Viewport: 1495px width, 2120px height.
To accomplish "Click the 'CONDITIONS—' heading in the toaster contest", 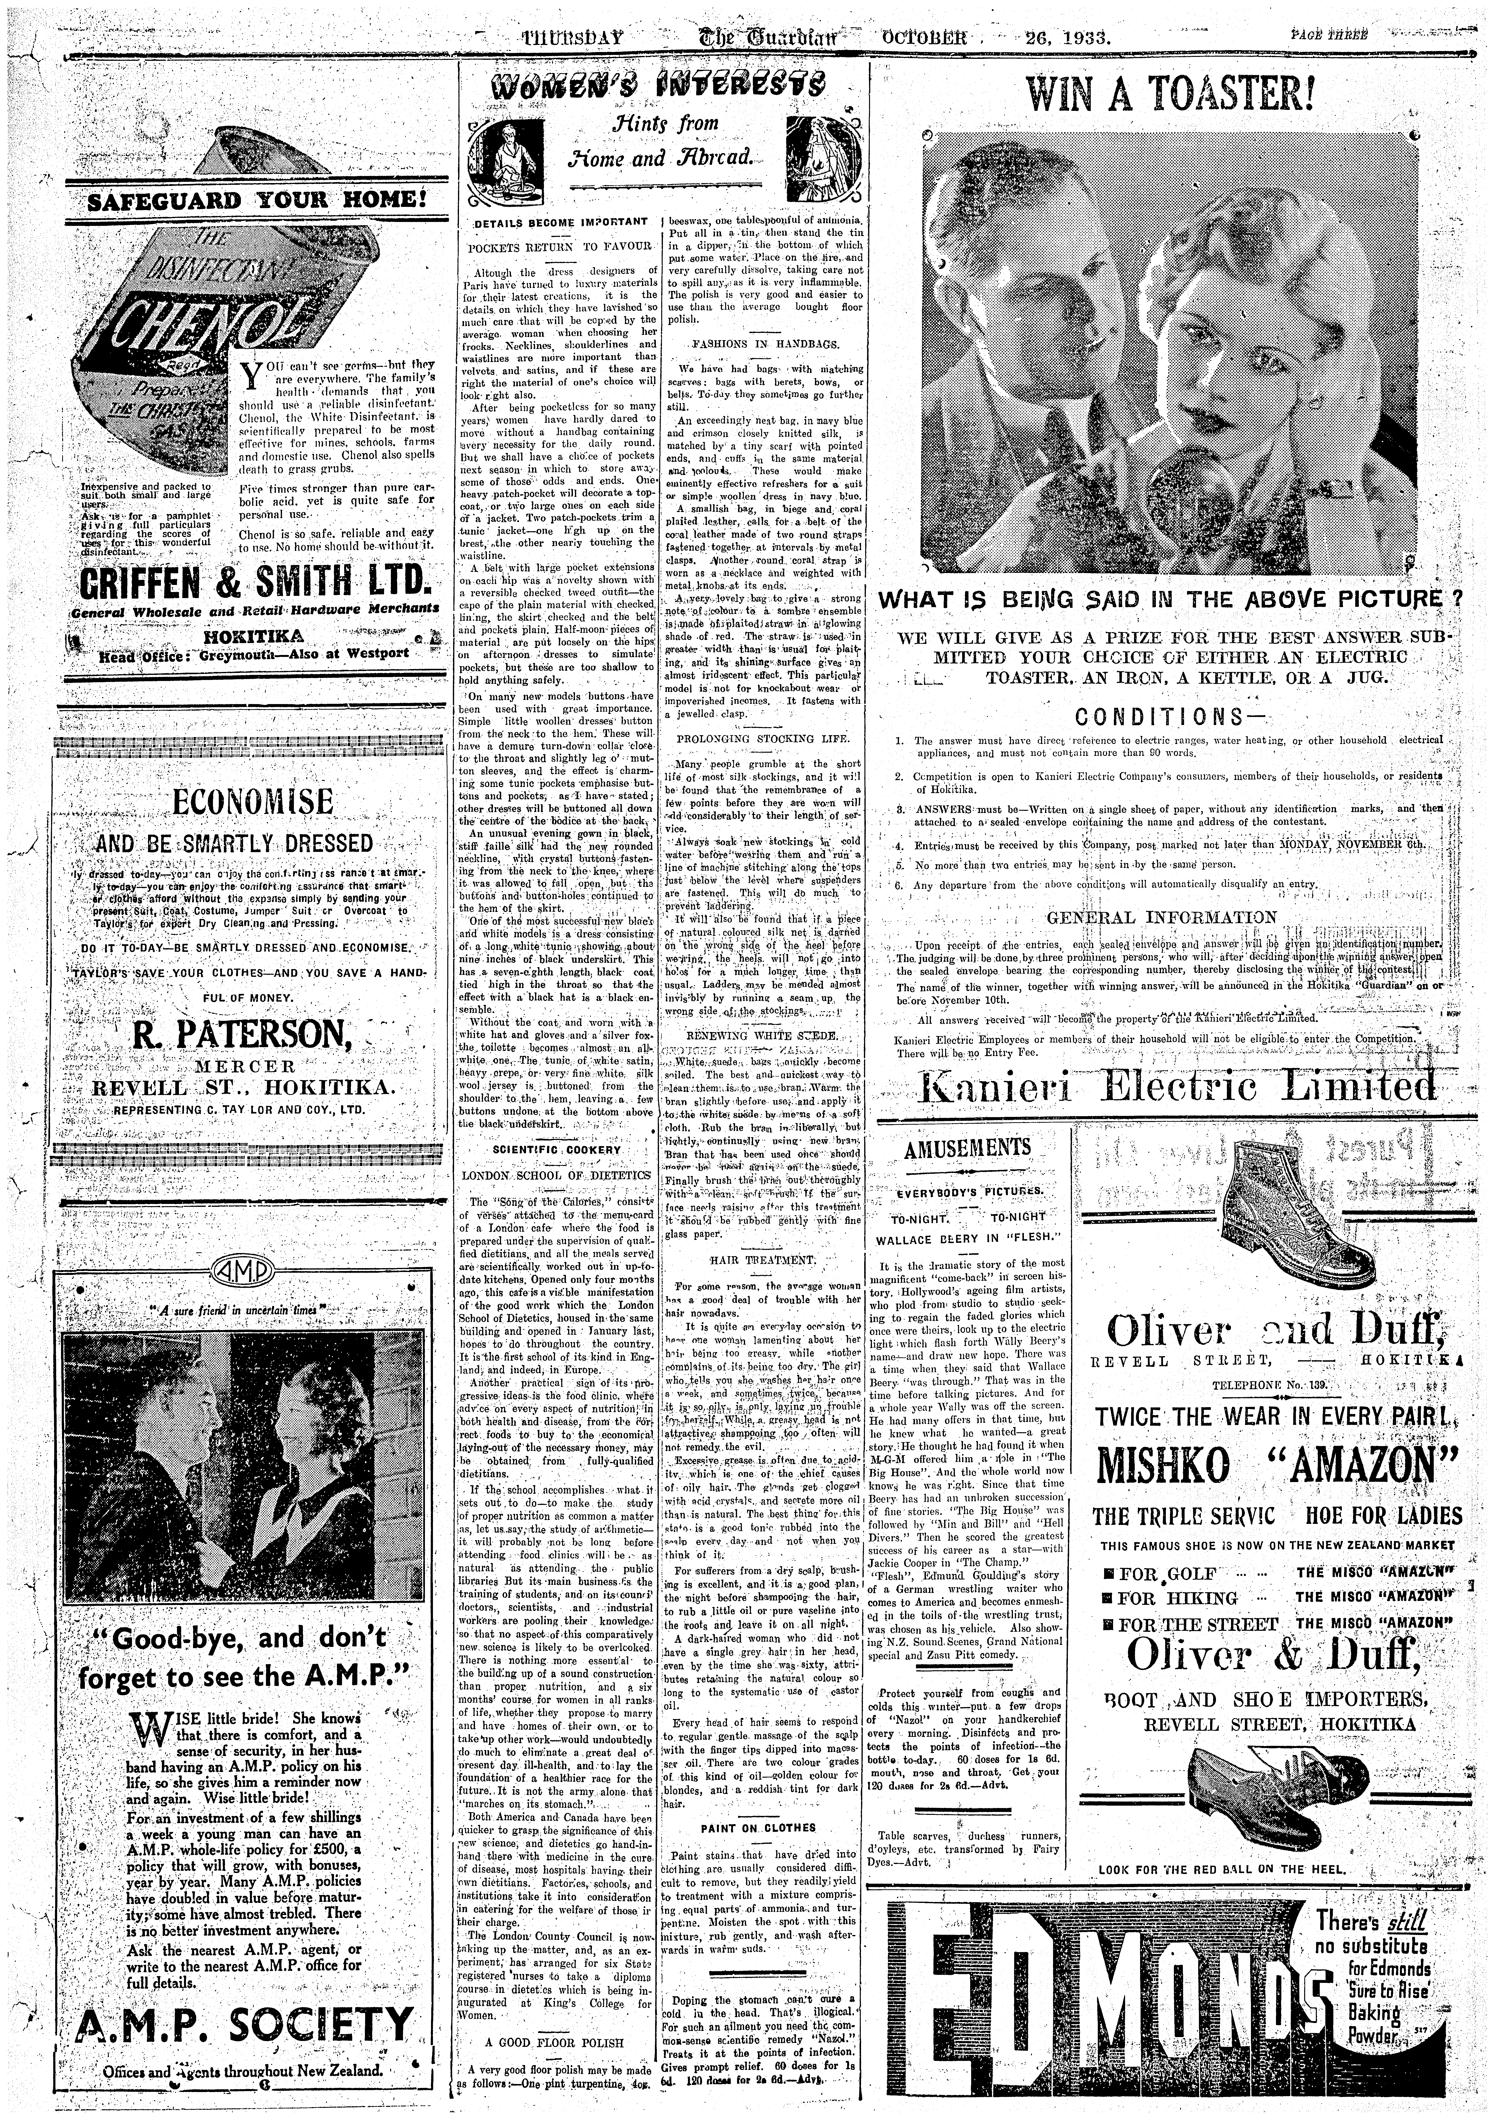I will pyautogui.click(x=1168, y=717).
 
